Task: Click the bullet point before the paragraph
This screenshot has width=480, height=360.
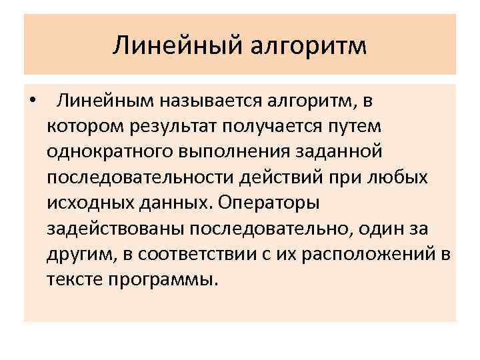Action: pos(33,102)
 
